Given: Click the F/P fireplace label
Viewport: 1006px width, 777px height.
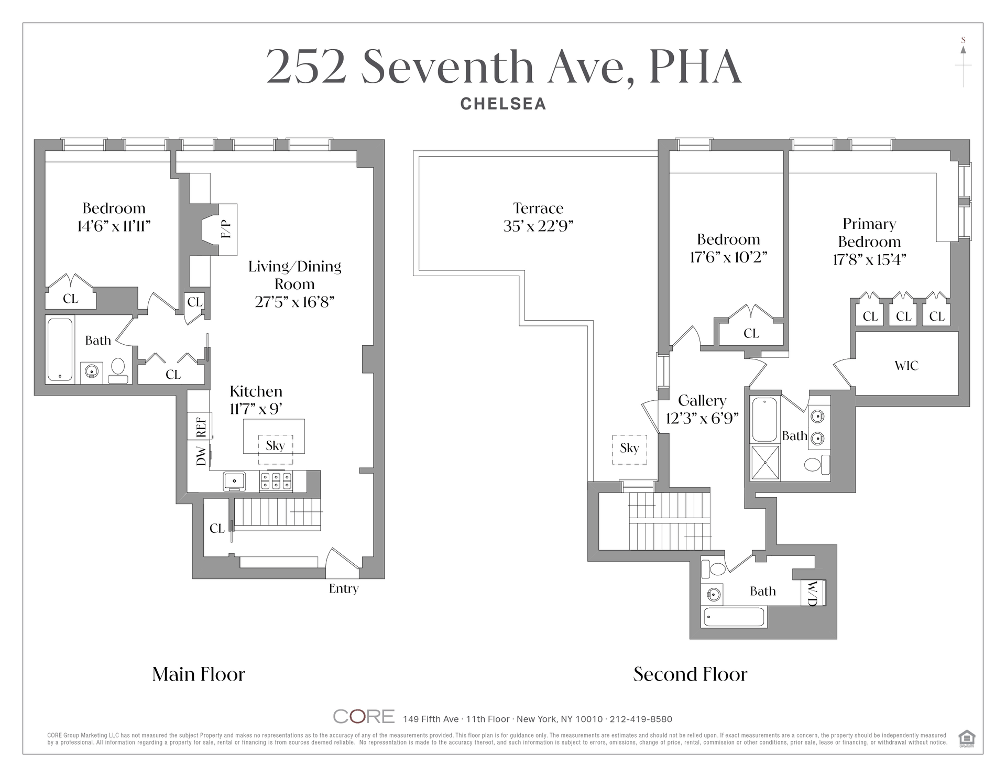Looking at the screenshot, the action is pyautogui.click(x=226, y=229).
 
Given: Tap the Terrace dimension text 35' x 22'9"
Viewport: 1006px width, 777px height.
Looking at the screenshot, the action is pyautogui.click(x=538, y=226).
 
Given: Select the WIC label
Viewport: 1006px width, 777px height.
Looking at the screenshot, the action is pyautogui.click(x=906, y=366).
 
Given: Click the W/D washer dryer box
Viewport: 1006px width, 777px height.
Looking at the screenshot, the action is pyautogui.click(x=814, y=593).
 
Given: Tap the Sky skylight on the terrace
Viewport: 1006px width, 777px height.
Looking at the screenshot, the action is pyautogui.click(x=629, y=449).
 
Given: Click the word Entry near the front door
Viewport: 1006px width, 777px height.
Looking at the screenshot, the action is pyautogui.click(x=344, y=589).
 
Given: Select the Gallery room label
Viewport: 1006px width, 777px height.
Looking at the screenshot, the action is pyautogui.click(x=702, y=401).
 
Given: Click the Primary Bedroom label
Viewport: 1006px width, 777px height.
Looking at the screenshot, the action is pyautogui.click(x=869, y=233).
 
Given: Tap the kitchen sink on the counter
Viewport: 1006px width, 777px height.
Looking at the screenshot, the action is pyautogui.click(x=235, y=481).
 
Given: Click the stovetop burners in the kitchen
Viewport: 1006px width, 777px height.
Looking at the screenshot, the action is pyautogui.click(x=276, y=481).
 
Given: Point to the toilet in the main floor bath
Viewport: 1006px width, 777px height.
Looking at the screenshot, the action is pyautogui.click(x=118, y=371).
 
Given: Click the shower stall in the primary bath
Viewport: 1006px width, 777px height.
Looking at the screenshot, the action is pyautogui.click(x=766, y=463).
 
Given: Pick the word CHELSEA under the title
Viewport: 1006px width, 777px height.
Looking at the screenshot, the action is pyautogui.click(x=503, y=104).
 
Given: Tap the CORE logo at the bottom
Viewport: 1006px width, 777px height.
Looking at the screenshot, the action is pyautogui.click(x=364, y=716).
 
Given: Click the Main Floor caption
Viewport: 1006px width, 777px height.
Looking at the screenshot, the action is pyautogui.click(x=199, y=674).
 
